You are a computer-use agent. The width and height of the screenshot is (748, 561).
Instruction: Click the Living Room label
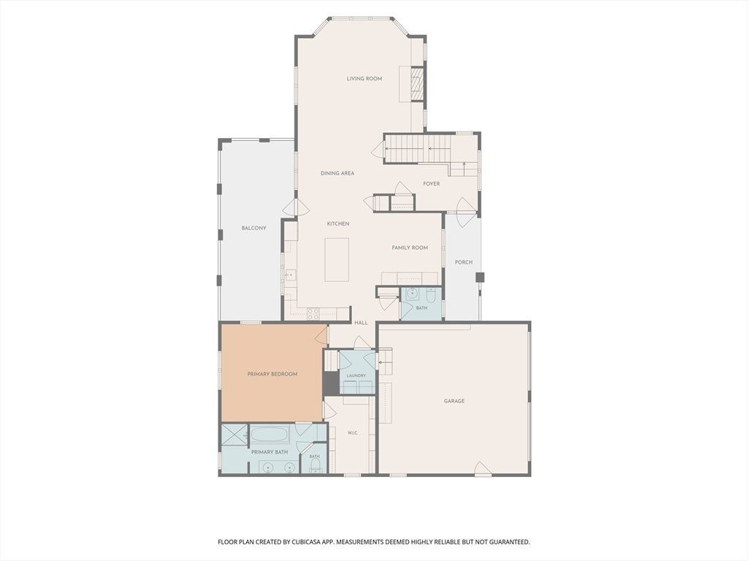[x=365, y=79]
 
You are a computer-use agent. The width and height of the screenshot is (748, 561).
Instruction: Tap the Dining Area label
[x=337, y=173]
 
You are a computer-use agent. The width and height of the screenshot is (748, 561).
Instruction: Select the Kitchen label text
[x=338, y=224]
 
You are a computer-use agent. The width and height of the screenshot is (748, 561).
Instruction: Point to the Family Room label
[x=410, y=248]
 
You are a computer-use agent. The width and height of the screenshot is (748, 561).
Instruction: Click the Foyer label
[x=431, y=183]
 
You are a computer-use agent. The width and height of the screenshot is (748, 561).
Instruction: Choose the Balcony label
[x=253, y=228]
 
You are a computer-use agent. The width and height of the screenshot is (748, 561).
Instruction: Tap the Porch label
[x=464, y=262]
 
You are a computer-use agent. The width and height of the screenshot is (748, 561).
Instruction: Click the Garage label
[x=454, y=401]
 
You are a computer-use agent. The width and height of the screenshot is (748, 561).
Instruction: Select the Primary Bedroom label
[x=272, y=374]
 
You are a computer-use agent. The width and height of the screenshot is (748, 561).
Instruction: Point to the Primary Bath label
[x=270, y=451]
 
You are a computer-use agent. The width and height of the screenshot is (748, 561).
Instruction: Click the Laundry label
[x=356, y=376]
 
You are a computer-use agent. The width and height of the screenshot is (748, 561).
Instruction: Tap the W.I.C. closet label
[x=353, y=433]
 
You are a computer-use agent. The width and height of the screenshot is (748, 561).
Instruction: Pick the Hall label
[x=361, y=323]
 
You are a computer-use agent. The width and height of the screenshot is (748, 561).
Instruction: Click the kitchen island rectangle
[x=337, y=260]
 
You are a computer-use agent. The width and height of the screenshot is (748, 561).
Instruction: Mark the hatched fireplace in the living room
[x=417, y=84]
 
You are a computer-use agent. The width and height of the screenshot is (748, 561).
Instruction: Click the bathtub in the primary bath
[x=270, y=435]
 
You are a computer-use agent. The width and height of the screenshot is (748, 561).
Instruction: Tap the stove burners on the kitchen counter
[x=313, y=313]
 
